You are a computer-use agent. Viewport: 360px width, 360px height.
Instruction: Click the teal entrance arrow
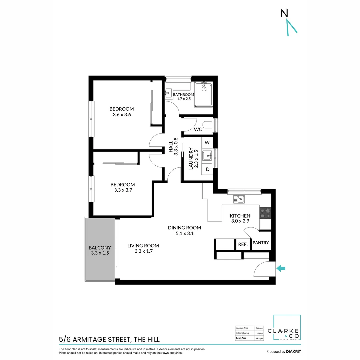(x=281, y=268)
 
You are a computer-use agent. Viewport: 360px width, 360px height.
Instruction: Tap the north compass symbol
(x=288, y=22)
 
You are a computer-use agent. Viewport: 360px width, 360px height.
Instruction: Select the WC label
(x=198, y=129)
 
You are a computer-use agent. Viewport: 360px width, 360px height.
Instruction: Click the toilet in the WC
(x=208, y=125)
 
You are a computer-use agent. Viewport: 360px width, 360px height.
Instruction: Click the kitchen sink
(x=239, y=199)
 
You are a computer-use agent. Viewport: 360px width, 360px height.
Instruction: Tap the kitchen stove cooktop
(x=265, y=213)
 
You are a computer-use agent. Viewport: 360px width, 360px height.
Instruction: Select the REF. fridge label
(x=243, y=244)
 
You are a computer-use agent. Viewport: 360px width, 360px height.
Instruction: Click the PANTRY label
(x=261, y=243)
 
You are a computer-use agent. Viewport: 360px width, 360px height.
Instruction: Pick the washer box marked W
(x=207, y=143)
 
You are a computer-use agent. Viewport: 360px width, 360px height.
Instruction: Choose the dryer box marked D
(x=207, y=169)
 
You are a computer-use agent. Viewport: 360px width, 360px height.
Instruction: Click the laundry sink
(x=207, y=155)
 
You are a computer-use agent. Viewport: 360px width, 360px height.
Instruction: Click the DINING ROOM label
(x=184, y=228)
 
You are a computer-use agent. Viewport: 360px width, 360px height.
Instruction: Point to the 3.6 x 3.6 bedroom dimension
(x=122, y=115)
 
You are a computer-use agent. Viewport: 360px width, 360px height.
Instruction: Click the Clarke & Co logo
(x=287, y=328)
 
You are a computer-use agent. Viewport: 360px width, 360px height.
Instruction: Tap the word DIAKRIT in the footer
(x=294, y=351)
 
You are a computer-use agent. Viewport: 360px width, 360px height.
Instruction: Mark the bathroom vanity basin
(x=169, y=91)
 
